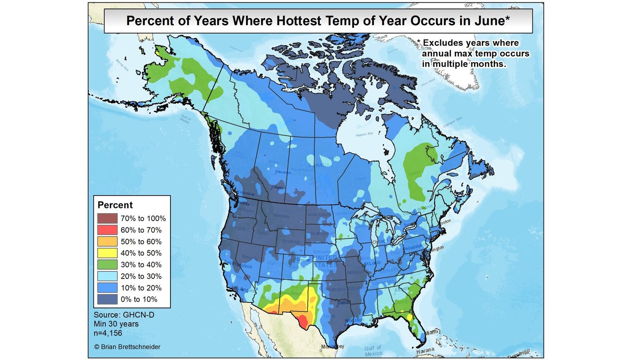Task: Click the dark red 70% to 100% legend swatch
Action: (x=107, y=218)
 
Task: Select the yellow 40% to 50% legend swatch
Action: (x=107, y=253)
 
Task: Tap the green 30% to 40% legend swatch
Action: (x=107, y=265)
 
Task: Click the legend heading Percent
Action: (x=115, y=205)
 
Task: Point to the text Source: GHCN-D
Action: (x=124, y=315)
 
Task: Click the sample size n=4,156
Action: (x=108, y=333)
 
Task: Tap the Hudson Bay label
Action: (x=364, y=134)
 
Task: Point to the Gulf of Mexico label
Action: (x=373, y=351)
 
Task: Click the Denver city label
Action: (x=304, y=260)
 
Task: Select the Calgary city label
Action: (x=277, y=188)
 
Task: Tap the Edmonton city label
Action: (x=283, y=172)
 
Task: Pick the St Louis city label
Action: (x=372, y=263)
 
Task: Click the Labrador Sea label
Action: (x=452, y=122)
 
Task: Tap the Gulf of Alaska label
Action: (x=185, y=118)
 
